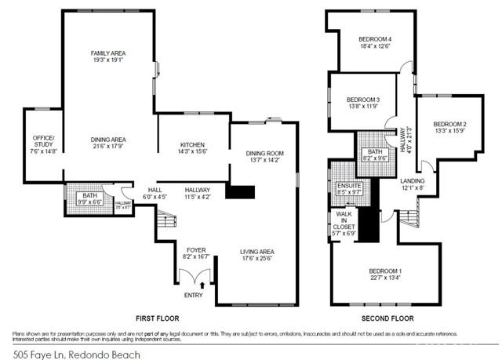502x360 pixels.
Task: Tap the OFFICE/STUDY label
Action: tap(43, 141)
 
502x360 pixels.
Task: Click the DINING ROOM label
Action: tap(264, 153)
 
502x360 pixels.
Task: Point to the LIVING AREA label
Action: tap(259, 252)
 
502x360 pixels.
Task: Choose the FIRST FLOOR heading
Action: tap(157, 318)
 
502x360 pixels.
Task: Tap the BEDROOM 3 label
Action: tap(363, 100)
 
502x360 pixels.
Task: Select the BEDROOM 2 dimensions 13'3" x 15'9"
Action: tap(450, 133)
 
